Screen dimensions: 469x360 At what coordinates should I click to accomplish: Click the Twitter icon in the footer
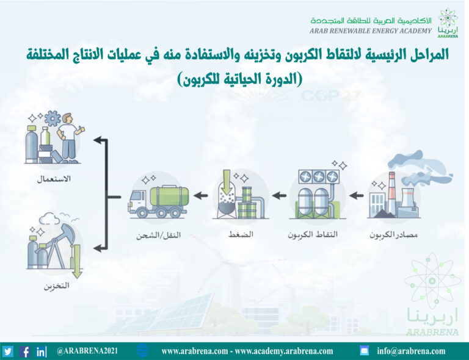point(7,351)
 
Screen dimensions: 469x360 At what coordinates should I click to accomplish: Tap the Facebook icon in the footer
point(25,351)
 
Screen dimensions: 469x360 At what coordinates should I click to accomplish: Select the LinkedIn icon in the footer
point(41,351)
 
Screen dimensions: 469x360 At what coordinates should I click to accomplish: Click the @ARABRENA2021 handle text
point(87,351)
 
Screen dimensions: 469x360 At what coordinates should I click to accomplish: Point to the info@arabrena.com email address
point(411,351)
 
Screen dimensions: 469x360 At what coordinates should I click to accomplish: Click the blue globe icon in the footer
point(142,350)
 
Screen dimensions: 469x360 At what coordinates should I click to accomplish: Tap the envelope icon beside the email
point(365,350)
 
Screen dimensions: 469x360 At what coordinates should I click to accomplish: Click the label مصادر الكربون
point(393,235)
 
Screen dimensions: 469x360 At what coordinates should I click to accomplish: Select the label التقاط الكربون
point(313,234)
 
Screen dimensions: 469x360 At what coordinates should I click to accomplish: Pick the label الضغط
point(241,234)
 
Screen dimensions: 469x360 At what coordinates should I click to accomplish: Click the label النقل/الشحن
point(159,235)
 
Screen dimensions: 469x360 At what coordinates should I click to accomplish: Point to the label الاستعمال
point(54,179)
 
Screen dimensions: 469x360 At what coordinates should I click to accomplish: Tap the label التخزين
point(57,286)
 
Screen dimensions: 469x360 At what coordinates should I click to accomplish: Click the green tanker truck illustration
point(159,201)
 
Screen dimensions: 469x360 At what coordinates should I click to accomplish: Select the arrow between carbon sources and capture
point(356,196)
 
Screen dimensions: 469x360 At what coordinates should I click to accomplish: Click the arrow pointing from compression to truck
point(201,196)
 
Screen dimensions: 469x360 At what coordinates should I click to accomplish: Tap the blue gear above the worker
point(53,118)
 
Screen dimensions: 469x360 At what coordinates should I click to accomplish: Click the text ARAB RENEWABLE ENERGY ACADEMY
point(371,31)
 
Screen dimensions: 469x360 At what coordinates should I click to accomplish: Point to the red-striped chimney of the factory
point(391,193)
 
